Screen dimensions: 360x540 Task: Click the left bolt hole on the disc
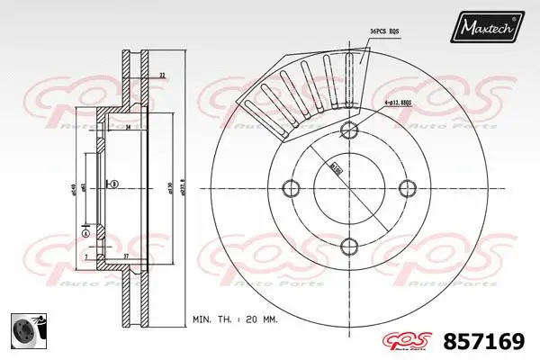tap(290, 187)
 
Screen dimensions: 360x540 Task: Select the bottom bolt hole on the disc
tap(349, 246)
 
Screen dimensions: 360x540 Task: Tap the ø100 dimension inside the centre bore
tap(336, 166)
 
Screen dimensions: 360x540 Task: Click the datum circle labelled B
tap(115, 184)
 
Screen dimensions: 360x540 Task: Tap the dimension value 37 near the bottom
tap(127, 256)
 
